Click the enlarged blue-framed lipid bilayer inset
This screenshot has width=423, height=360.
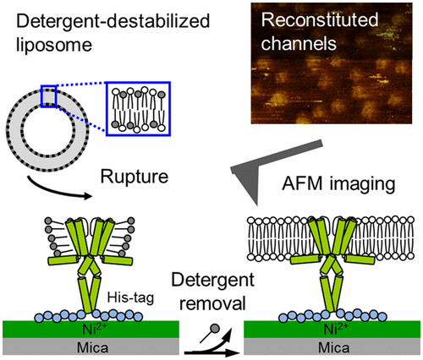tap(140, 106)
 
